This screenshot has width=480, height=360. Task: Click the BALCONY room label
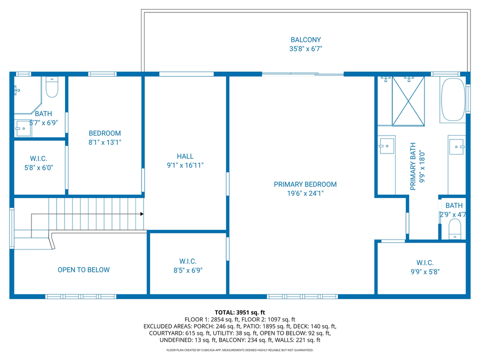(305, 40)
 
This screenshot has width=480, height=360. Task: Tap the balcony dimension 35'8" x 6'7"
(305, 49)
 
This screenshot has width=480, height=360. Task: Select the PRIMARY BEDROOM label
(305, 184)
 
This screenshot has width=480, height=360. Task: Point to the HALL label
(185, 156)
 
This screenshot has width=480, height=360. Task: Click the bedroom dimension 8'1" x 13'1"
(104, 142)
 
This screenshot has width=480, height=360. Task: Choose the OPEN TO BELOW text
(83, 270)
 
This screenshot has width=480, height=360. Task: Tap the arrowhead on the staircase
(142, 214)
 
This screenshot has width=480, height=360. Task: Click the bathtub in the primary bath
(453, 99)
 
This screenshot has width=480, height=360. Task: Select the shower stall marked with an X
(408, 100)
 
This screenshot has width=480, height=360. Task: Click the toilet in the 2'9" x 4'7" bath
(454, 230)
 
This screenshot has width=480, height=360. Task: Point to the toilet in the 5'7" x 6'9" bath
(52, 88)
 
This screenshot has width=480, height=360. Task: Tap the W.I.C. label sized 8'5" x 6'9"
(188, 261)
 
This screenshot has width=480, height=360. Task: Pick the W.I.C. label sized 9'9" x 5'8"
(424, 263)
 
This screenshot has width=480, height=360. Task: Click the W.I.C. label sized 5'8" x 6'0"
(38, 159)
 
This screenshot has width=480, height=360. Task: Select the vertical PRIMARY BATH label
(413, 166)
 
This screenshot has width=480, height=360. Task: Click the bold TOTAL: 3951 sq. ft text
(239, 312)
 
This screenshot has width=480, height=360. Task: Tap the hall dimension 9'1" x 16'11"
(185, 165)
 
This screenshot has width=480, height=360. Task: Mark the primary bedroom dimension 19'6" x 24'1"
(305, 193)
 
